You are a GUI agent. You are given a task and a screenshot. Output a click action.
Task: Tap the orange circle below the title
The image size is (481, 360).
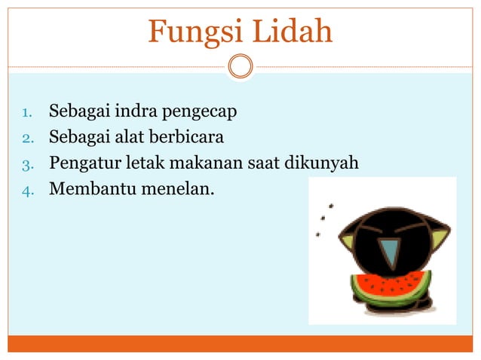coord(240,66)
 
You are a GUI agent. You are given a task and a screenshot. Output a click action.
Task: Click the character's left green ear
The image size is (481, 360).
coord(348,240)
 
